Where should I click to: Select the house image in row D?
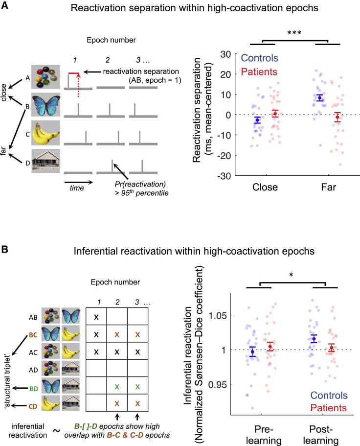click(x=46, y=161)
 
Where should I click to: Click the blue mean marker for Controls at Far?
click(x=320, y=98)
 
